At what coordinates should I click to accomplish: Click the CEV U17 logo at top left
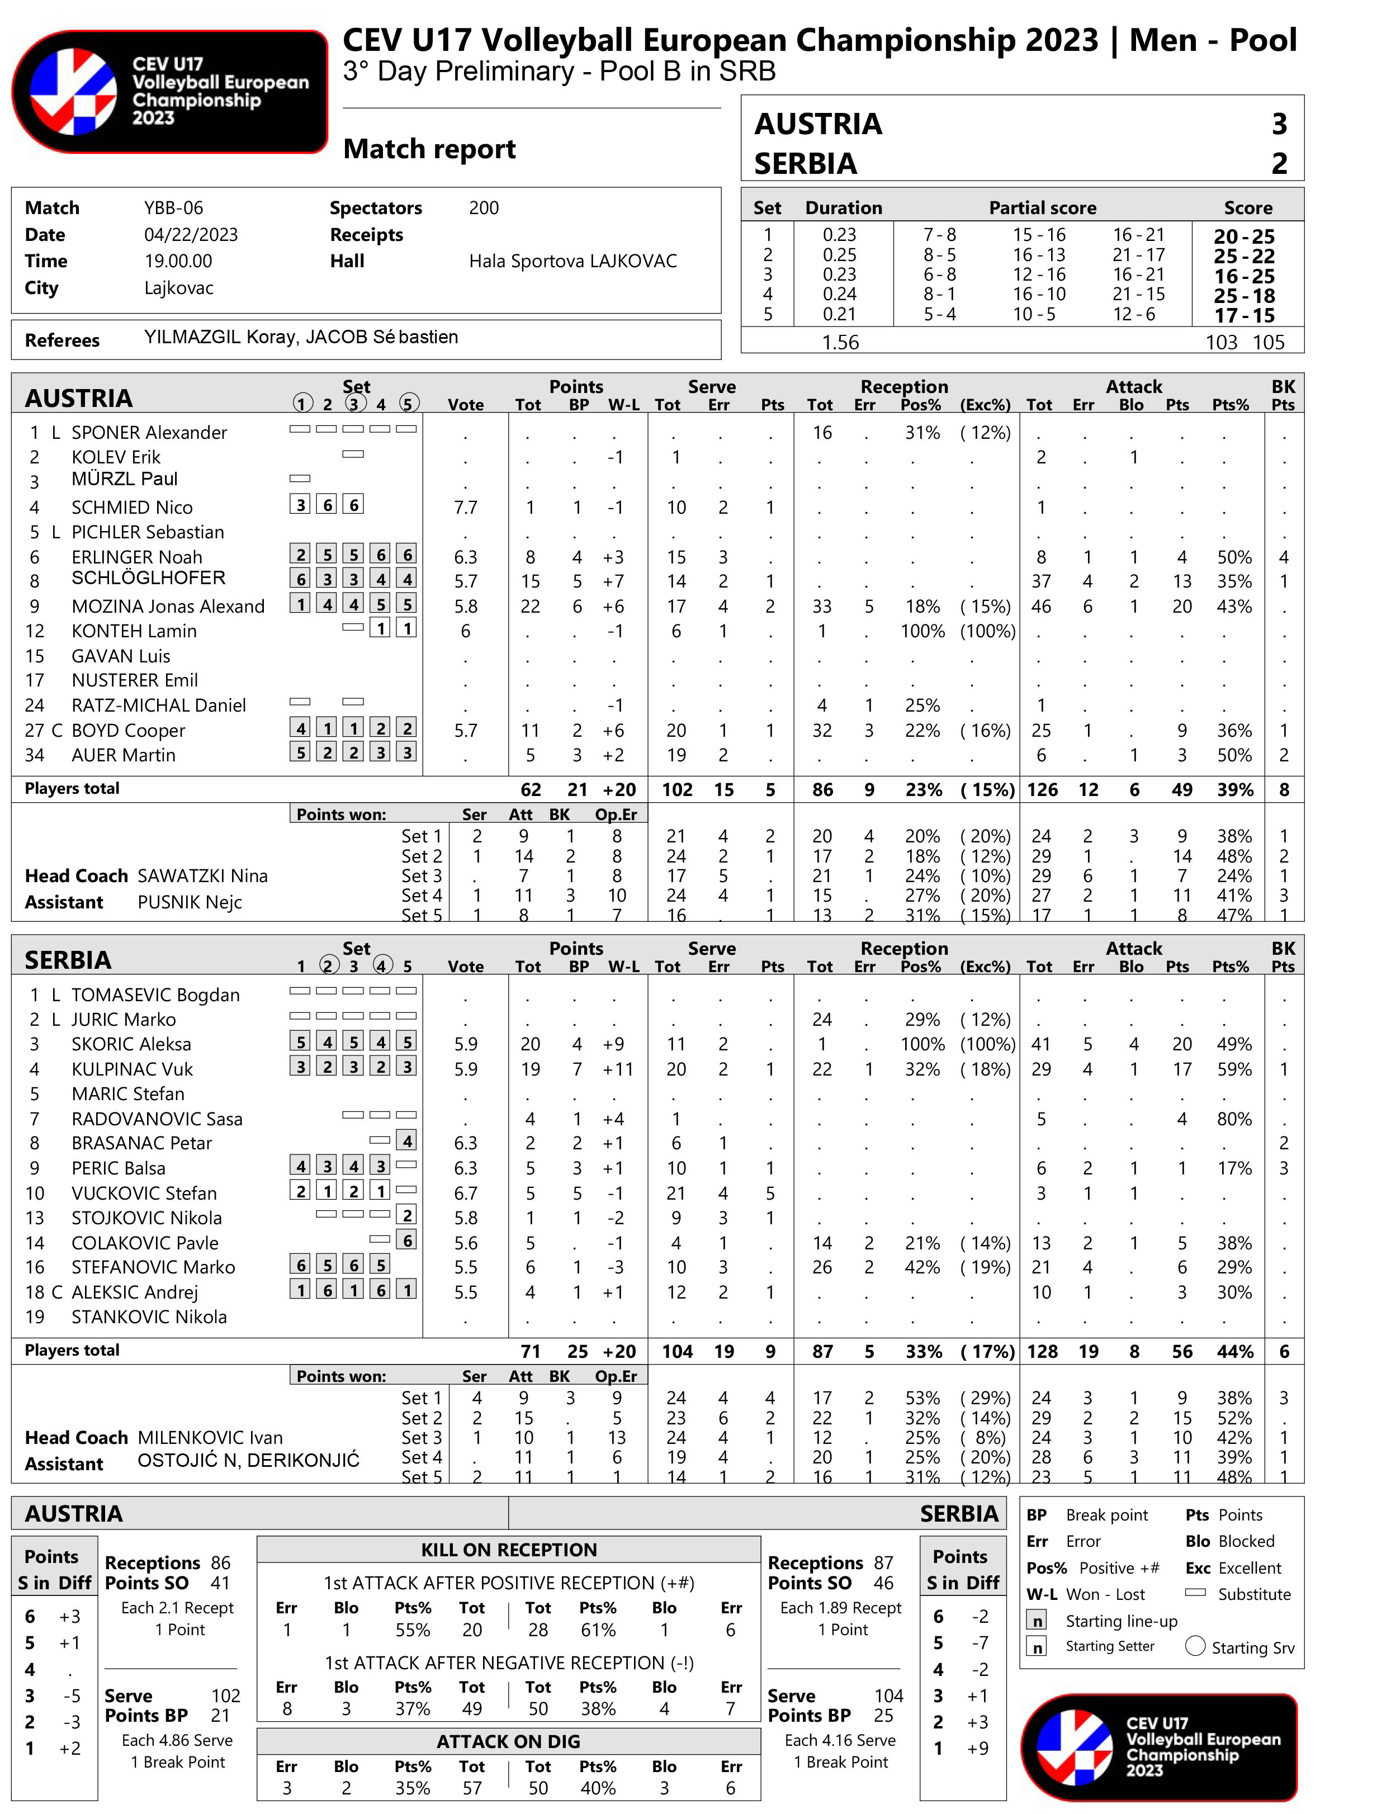[x=170, y=91]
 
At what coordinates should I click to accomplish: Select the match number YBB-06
[x=173, y=208]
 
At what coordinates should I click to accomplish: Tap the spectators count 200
[x=484, y=208]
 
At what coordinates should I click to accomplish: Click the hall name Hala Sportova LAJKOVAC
[x=572, y=262]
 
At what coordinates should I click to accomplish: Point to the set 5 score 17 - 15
[x=1243, y=315]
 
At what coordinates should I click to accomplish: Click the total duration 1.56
[x=840, y=342]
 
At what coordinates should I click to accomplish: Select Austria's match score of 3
[x=1279, y=124]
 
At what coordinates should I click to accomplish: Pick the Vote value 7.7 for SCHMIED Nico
[x=465, y=508]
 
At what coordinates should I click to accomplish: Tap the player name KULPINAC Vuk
[x=131, y=1069]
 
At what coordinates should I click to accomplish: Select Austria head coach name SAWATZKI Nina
[x=203, y=876]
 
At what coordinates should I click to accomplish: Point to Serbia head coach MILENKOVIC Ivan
[x=210, y=1437]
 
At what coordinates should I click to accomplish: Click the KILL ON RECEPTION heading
[x=508, y=1550]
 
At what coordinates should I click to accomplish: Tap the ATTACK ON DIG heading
[x=508, y=1741]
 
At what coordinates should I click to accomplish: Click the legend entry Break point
[x=1106, y=1515]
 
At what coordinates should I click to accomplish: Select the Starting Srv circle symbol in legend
[x=1195, y=1646]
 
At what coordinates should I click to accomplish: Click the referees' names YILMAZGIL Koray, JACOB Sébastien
[x=301, y=337]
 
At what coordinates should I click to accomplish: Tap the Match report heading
[x=429, y=149]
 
